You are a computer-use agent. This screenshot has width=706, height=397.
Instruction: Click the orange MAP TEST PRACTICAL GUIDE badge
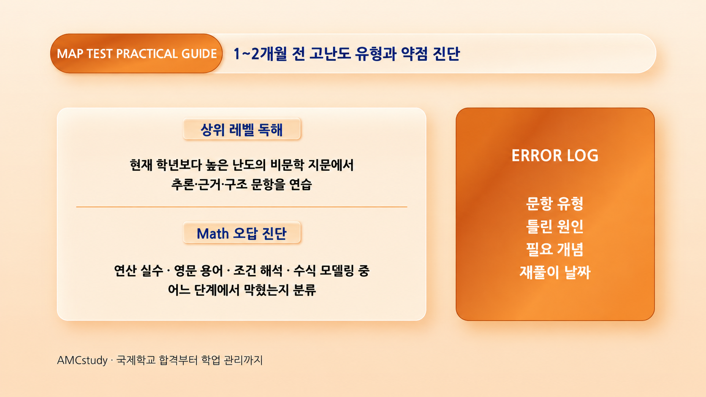136,54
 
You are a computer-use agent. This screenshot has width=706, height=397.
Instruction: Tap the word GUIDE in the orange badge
199,54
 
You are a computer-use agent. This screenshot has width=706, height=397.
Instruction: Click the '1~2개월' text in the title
260,54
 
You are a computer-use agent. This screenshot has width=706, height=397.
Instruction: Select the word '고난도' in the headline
330,54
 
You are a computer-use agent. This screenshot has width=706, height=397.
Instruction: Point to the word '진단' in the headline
446,54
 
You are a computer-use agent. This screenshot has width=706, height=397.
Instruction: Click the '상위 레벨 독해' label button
242,129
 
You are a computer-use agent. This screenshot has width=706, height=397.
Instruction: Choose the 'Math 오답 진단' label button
242,233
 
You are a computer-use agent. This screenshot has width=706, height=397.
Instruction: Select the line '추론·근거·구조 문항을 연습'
242,184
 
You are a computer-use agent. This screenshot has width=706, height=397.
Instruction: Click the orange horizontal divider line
242,207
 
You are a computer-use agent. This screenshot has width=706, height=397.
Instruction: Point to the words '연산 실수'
138,270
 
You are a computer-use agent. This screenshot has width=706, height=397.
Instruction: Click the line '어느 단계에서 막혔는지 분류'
242,290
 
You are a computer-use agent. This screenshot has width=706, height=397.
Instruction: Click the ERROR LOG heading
555,156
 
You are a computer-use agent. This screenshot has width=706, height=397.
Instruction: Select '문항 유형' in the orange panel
555,203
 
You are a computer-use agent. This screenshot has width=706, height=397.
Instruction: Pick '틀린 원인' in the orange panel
555,227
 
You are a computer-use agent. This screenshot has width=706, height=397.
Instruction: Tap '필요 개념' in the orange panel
555,249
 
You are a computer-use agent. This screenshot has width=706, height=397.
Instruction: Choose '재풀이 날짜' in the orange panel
555,272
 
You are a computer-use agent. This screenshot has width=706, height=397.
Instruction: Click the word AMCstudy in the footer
82,360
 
